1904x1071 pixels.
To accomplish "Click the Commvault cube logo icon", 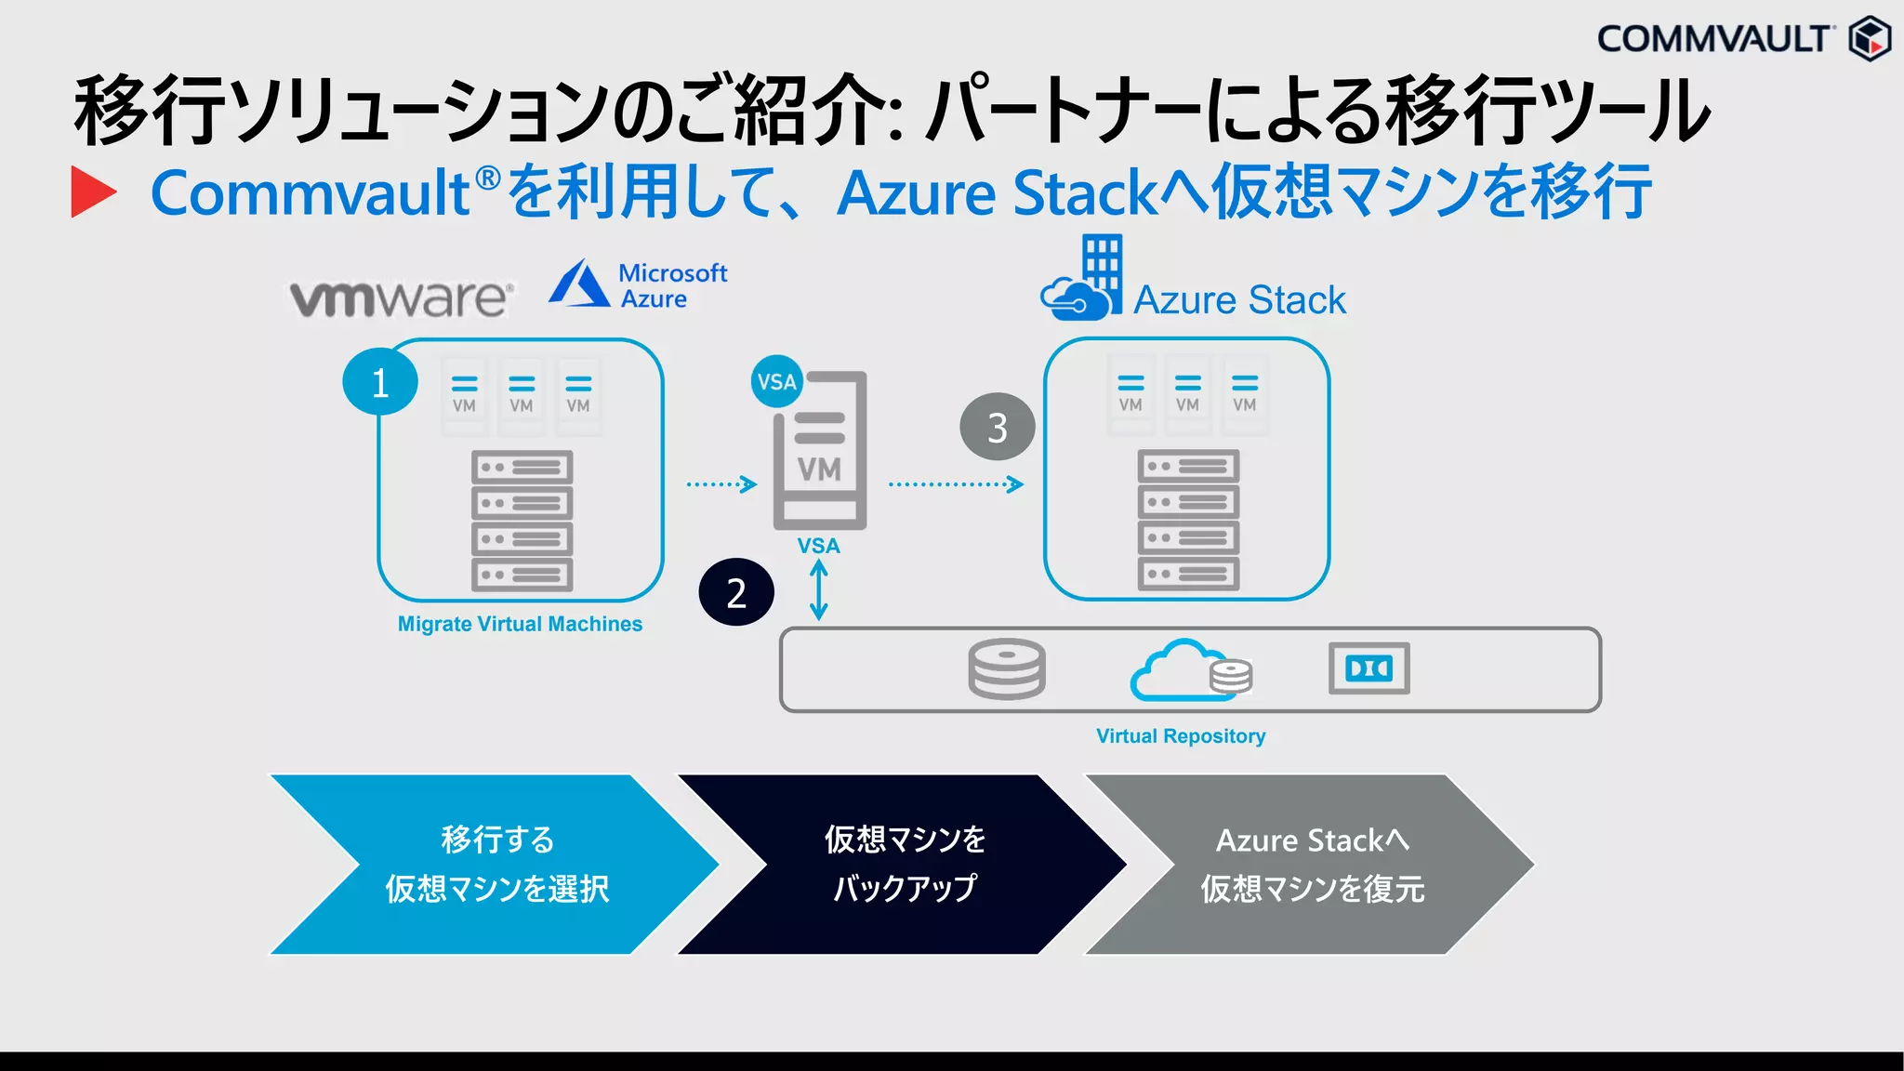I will pyautogui.click(x=1870, y=38).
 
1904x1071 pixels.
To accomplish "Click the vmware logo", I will pyautogui.click(x=401, y=297).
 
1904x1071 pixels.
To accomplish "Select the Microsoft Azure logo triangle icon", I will pyautogui.click(x=578, y=284).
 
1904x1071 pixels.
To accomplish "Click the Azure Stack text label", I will pyautogui.click(x=1239, y=300).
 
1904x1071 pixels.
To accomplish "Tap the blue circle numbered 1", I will pyautogui.click(x=379, y=382).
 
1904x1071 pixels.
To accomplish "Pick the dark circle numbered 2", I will pyautogui.click(x=736, y=592).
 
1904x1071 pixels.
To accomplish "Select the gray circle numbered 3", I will pyautogui.click(x=997, y=428).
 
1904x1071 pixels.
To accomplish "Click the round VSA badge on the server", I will pyautogui.click(x=776, y=381).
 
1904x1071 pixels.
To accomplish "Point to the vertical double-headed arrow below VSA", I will pyautogui.click(x=818, y=591).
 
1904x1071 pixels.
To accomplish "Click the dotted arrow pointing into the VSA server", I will pyautogui.click(x=721, y=484).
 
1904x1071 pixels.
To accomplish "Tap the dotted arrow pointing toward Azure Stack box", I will pyautogui.click(x=956, y=484).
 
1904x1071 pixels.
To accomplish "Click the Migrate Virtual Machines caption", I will pyautogui.click(x=520, y=624).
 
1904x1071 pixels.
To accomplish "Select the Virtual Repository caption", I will pyautogui.click(x=1181, y=736).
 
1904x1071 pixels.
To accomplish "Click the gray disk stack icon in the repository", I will pyautogui.click(x=1007, y=668).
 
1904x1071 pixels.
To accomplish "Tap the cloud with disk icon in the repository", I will pyautogui.click(x=1190, y=670).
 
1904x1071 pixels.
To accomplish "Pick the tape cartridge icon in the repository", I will pyautogui.click(x=1368, y=668).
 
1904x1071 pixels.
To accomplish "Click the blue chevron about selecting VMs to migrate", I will pyautogui.click(x=496, y=865).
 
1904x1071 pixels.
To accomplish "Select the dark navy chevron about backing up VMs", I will pyautogui.click(x=904, y=865).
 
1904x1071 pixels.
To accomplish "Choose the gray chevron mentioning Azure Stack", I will pyautogui.click(x=1311, y=865).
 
